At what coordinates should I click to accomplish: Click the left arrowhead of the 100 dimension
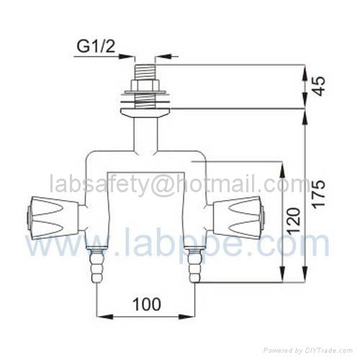[102, 315]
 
